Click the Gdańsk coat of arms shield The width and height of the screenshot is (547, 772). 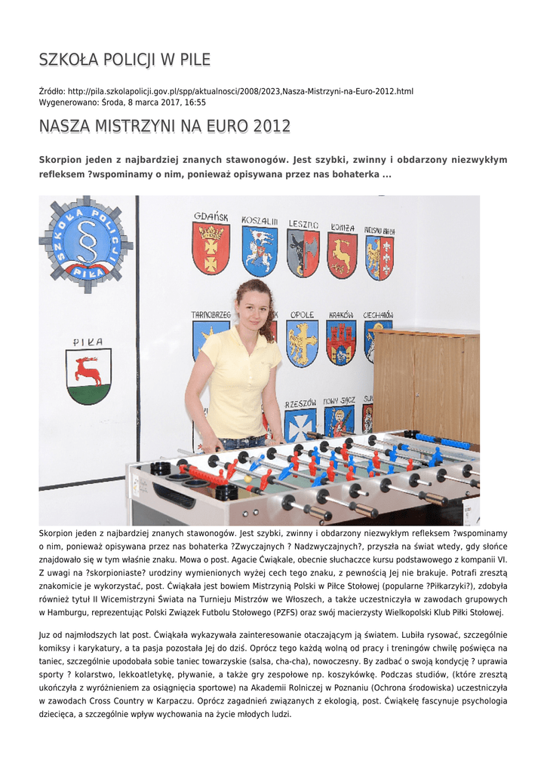coord(211,248)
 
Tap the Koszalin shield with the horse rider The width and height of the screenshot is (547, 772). coord(260,251)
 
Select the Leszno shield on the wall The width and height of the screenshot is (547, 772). coord(303,253)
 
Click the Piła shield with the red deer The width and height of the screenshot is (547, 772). coord(88,376)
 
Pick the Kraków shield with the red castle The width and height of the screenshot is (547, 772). coord(341,343)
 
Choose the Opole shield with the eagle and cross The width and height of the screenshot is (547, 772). coord(302,343)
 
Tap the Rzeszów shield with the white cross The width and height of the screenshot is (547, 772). coord(300,424)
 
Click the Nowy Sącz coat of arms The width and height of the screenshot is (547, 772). coord(339,421)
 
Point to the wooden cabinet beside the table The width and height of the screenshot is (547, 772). coord(426,384)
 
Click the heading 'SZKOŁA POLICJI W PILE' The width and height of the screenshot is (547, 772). coord(124,60)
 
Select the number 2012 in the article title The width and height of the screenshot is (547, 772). coord(272,127)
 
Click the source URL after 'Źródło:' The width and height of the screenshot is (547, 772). coord(241,91)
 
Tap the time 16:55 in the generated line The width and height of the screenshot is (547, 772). coord(195,103)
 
